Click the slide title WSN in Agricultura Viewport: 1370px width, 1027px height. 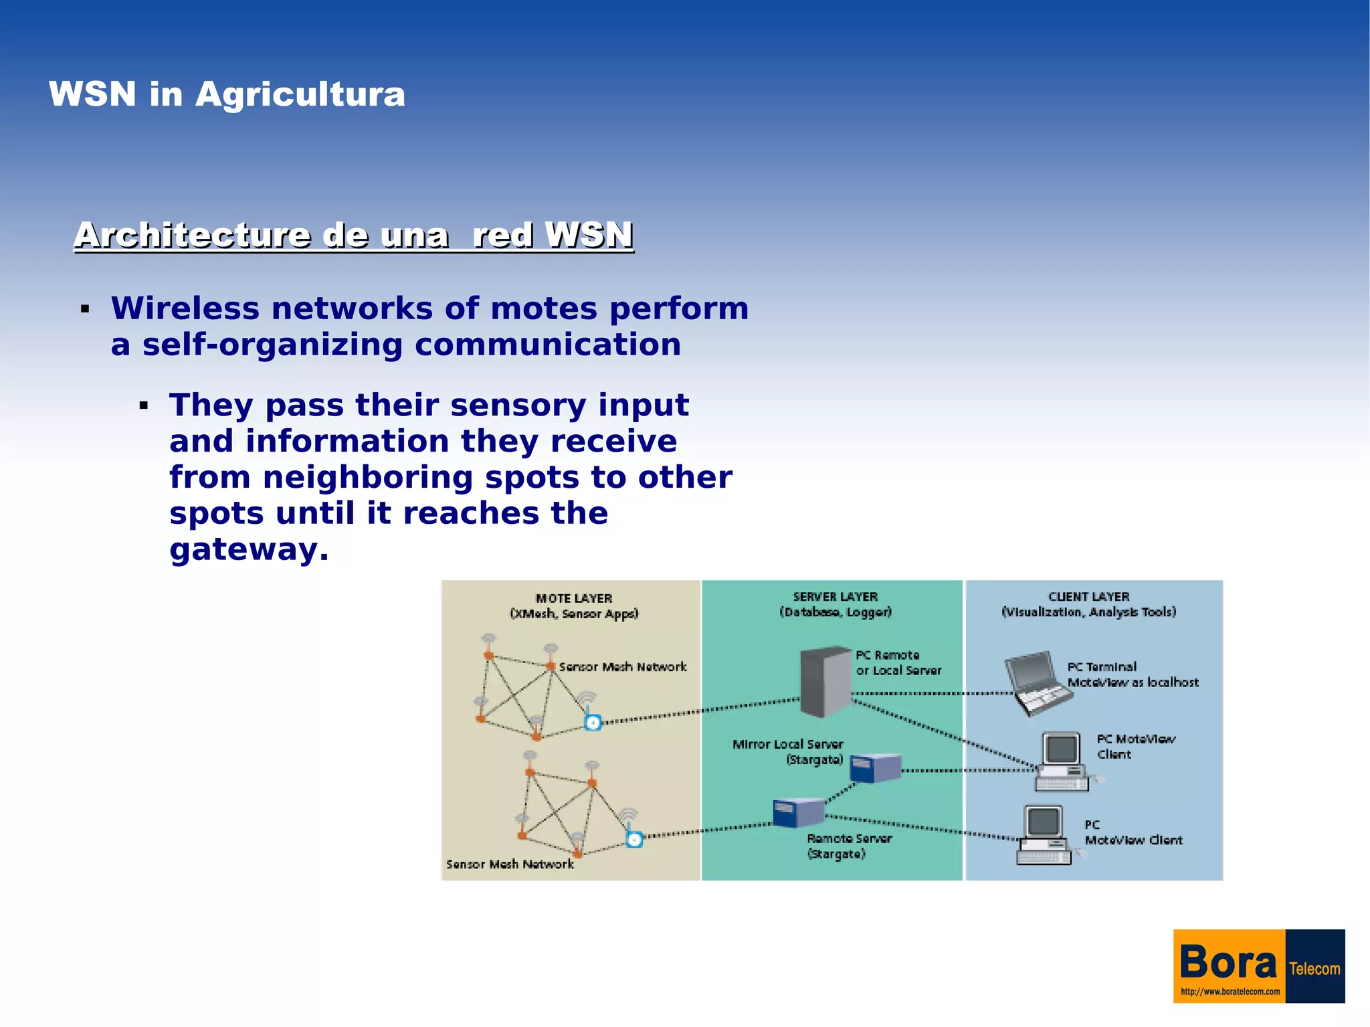(227, 94)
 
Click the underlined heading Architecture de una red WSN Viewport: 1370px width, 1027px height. (354, 236)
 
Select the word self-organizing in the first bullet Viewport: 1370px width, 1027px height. (272, 345)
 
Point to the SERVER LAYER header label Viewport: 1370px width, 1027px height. (835, 597)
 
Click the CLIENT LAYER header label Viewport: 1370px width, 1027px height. (1088, 597)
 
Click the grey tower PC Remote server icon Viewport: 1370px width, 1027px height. (825, 681)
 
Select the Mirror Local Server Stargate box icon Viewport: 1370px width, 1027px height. (876, 767)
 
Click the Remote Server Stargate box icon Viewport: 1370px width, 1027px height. (799, 813)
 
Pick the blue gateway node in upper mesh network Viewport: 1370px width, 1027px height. (593, 723)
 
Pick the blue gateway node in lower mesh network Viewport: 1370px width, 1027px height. (634, 840)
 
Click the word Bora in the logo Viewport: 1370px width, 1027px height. (1228, 963)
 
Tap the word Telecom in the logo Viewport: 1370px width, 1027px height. (1314, 969)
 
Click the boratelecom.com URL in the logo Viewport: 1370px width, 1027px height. (1230, 992)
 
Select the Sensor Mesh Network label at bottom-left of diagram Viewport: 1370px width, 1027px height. (510, 864)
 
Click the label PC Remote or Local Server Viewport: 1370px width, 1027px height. (898, 663)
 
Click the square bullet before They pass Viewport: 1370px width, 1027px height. (144, 405)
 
